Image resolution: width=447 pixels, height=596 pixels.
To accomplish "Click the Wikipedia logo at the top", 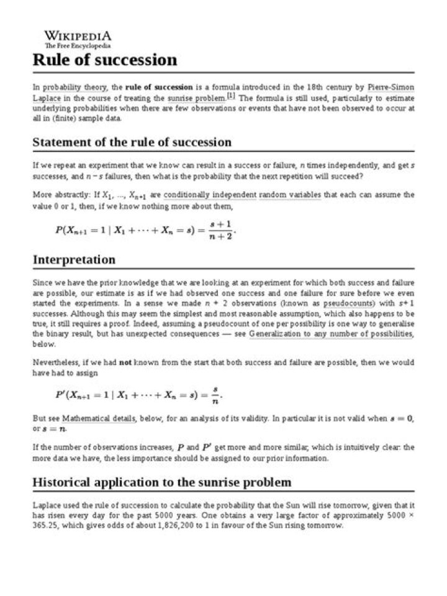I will [x=78, y=36].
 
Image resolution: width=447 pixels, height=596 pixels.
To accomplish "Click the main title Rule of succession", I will [x=104, y=60].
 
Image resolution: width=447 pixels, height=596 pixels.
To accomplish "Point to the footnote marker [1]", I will [x=231, y=96].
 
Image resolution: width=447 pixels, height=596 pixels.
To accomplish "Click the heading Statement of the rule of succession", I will [x=132, y=142].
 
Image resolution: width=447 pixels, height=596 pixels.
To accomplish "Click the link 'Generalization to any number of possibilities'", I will [x=330, y=334].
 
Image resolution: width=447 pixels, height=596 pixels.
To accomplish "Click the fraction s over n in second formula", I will [x=215, y=394].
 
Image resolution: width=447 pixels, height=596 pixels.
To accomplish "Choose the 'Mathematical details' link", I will [x=98, y=418].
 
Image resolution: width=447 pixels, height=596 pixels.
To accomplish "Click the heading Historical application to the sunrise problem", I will [x=161, y=482].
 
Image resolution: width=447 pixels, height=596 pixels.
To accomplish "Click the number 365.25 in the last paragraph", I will [x=45, y=525].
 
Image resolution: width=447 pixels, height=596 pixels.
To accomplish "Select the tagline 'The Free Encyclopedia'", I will [x=78, y=46].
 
